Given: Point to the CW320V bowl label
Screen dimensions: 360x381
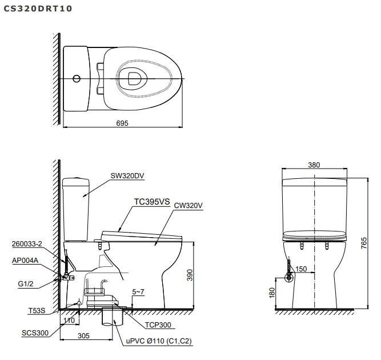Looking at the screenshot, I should [x=189, y=205].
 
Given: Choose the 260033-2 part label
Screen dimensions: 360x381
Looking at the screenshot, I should [x=27, y=244].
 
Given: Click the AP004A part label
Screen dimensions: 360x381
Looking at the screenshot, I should [x=25, y=260].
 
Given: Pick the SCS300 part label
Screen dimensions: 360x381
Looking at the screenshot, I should [x=35, y=333].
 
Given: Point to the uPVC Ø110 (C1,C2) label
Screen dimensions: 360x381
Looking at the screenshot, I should [x=159, y=341].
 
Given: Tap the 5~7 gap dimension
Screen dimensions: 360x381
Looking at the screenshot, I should [x=139, y=291].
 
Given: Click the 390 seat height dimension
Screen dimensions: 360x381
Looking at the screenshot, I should [x=198, y=275].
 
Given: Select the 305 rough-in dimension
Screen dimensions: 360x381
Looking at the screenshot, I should [x=83, y=337].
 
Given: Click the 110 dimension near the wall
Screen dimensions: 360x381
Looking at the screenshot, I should [x=69, y=321].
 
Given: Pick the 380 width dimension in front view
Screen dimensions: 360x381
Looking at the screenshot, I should [x=314, y=165].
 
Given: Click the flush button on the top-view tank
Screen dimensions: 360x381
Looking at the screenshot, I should [x=77, y=78].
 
